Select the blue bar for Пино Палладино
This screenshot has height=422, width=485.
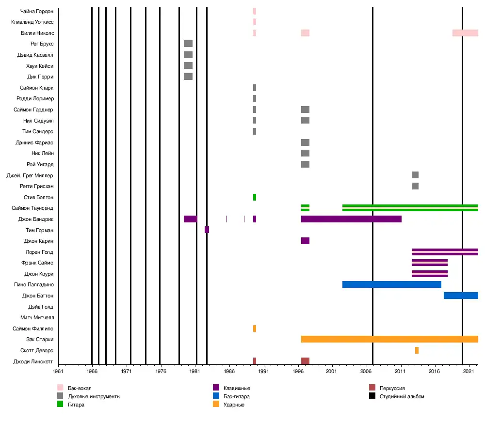point(392,284)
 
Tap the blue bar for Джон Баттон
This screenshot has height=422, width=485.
point(461,296)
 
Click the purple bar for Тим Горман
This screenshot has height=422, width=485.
point(207,230)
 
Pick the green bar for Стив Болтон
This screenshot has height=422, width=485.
point(254,197)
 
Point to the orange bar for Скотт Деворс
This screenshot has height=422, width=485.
point(417,350)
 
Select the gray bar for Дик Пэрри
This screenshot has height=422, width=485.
point(188,77)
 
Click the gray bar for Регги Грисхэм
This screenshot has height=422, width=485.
point(415,186)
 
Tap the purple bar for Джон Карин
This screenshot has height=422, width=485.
point(305,241)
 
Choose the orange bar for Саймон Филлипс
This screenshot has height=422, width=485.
point(254,328)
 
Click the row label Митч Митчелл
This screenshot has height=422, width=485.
point(37,318)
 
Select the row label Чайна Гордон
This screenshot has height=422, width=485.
point(37,11)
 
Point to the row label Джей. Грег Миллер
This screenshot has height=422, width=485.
point(30,175)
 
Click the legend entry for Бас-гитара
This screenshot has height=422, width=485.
point(237,396)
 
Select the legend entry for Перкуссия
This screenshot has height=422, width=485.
point(392,388)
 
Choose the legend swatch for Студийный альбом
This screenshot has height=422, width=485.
point(372,396)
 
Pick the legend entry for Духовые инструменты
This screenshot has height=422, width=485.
point(94,396)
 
